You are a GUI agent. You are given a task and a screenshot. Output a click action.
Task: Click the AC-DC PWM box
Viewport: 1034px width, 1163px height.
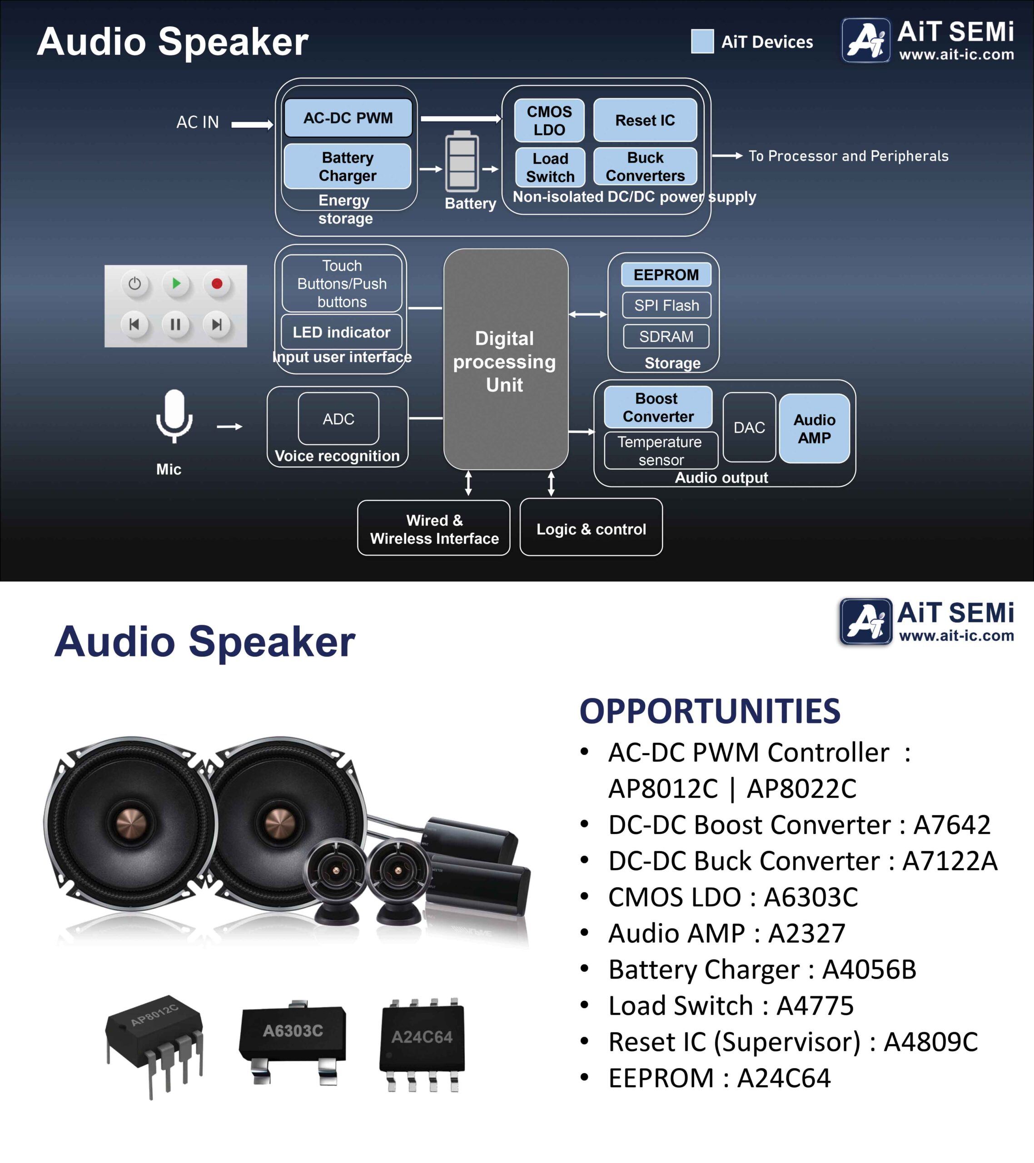pyautogui.click(x=348, y=118)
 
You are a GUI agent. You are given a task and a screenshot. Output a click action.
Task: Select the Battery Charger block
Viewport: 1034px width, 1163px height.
pyautogui.click(x=347, y=166)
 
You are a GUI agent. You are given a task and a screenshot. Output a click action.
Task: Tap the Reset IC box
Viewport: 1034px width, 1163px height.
pyautogui.click(x=645, y=120)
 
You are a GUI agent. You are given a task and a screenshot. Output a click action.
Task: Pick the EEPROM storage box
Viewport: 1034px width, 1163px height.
pyautogui.click(x=666, y=275)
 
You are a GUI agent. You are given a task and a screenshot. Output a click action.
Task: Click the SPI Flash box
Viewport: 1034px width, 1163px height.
pyautogui.click(x=666, y=306)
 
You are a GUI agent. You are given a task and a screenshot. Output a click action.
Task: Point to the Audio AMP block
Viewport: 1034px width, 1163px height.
pyautogui.click(x=814, y=428)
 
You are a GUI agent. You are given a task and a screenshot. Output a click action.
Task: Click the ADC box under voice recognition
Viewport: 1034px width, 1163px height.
pyautogui.click(x=338, y=419)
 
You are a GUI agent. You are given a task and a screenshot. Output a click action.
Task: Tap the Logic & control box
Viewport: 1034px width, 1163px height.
pyautogui.click(x=591, y=529)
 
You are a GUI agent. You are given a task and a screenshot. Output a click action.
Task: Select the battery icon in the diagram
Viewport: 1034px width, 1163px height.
pyautogui.click(x=462, y=162)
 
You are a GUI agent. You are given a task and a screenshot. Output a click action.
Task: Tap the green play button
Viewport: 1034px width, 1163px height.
pyautogui.click(x=176, y=283)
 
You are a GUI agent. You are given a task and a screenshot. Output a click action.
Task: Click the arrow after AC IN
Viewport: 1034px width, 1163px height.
pyautogui.click(x=252, y=124)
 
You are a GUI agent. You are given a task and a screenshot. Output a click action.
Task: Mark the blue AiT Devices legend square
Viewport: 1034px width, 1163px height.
pyautogui.click(x=702, y=41)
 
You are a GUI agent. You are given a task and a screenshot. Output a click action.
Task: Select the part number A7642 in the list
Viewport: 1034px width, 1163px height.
pyautogui.click(x=951, y=825)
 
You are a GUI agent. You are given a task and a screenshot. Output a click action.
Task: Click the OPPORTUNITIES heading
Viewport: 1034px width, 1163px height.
pyautogui.click(x=710, y=711)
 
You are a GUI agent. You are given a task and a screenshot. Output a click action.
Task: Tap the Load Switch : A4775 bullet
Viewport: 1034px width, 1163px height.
pyautogui.click(x=731, y=1005)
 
